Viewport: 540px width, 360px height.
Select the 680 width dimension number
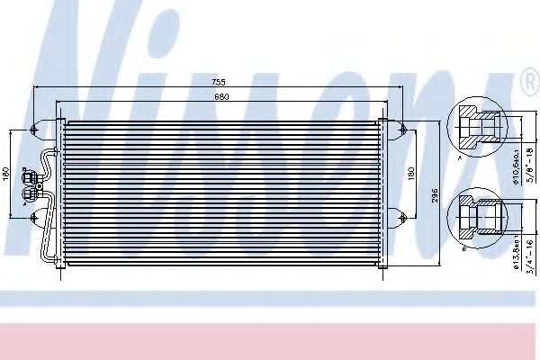point(220,96)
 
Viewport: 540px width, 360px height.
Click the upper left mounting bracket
point(36,128)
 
